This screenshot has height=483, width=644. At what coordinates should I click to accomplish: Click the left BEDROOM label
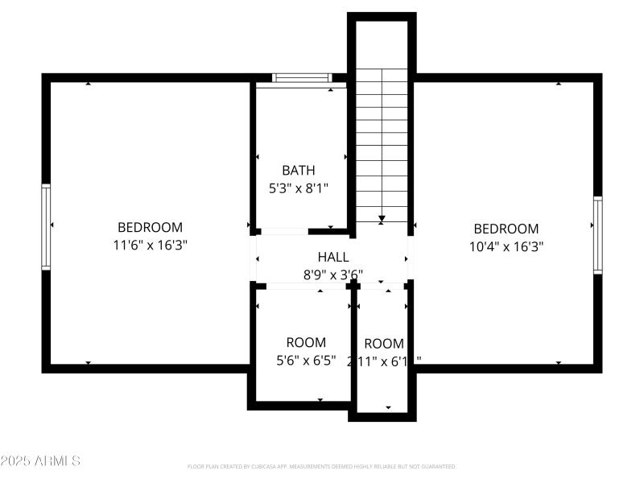(150, 228)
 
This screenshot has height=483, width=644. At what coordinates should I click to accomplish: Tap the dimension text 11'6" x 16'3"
(151, 245)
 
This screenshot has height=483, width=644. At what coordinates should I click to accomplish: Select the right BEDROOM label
(506, 229)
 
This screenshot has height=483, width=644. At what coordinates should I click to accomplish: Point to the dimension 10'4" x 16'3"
(506, 246)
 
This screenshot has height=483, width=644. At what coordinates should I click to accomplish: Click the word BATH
(298, 171)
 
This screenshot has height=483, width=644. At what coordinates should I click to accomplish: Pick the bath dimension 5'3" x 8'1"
(299, 188)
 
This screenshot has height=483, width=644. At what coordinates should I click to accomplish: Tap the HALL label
(333, 257)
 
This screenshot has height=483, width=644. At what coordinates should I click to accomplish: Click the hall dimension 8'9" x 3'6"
(333, 275)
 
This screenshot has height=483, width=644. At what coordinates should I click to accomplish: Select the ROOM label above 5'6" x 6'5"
(306, 343)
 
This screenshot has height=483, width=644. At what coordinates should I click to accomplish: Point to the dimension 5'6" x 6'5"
(306, 361)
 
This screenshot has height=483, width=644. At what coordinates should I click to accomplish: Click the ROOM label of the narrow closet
(384, 344)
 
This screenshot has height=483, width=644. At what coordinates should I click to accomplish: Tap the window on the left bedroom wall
(46, 227)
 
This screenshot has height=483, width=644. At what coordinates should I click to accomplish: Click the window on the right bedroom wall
(597, 234)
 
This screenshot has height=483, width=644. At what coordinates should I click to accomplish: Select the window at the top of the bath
(302, 78)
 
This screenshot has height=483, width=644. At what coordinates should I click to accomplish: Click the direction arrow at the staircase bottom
(382, 217)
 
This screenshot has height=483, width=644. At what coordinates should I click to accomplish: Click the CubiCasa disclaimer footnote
(321, 466)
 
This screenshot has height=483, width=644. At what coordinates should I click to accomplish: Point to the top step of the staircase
(382, 75)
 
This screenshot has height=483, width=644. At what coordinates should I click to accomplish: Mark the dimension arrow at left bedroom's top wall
(88, 84)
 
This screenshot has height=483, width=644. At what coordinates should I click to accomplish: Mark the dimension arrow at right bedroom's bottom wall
(559, 362)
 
